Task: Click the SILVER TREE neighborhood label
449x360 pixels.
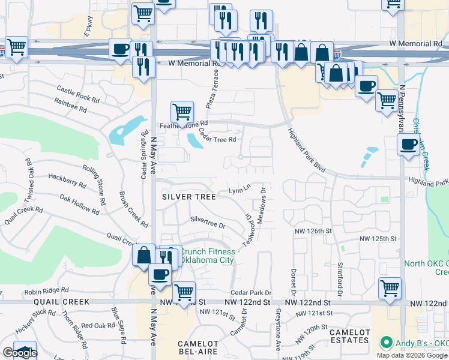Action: point(189,197)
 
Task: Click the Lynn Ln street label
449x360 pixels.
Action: point(239,191)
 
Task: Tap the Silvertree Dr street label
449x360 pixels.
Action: point(207,223)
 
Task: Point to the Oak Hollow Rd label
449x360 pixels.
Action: point(79,204)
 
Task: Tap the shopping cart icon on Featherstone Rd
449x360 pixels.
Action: point(182,111)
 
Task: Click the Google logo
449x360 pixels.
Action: point(19,353)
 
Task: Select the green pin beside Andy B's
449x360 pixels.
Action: point(384,344)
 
